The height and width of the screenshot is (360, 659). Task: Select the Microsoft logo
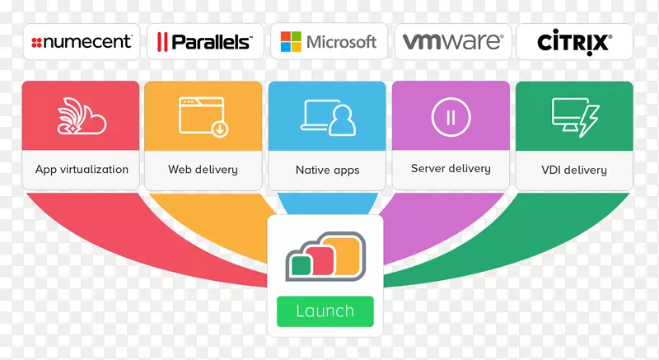[x=328, y=41]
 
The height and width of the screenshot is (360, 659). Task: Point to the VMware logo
[x=452, y=41]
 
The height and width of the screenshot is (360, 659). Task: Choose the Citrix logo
[x=574, y=41]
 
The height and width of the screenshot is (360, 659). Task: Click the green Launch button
[x=325, y=311]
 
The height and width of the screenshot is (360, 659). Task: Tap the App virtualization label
[x=82, y=170]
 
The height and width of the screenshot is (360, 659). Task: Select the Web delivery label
[x=203, y=170]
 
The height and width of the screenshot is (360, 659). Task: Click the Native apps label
[x=327, y=171]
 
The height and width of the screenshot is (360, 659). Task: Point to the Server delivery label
[x=451, y=169]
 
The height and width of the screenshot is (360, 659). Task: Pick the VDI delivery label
[x=574, y=171]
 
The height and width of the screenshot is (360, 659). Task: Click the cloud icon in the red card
[x=82, y=116]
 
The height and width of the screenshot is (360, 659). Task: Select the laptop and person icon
[x=328, y=117]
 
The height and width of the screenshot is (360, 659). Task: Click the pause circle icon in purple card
[x=451, y=116]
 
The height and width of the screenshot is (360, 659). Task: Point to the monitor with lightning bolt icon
[x=574, y=116]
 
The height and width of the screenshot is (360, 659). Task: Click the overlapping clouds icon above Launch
[x=325, y=256]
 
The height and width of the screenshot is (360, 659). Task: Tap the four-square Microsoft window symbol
[x=290, y=41]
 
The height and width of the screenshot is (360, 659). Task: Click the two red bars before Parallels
[x=162, y=42]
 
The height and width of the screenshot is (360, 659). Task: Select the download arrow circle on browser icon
[x=220, y=129]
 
